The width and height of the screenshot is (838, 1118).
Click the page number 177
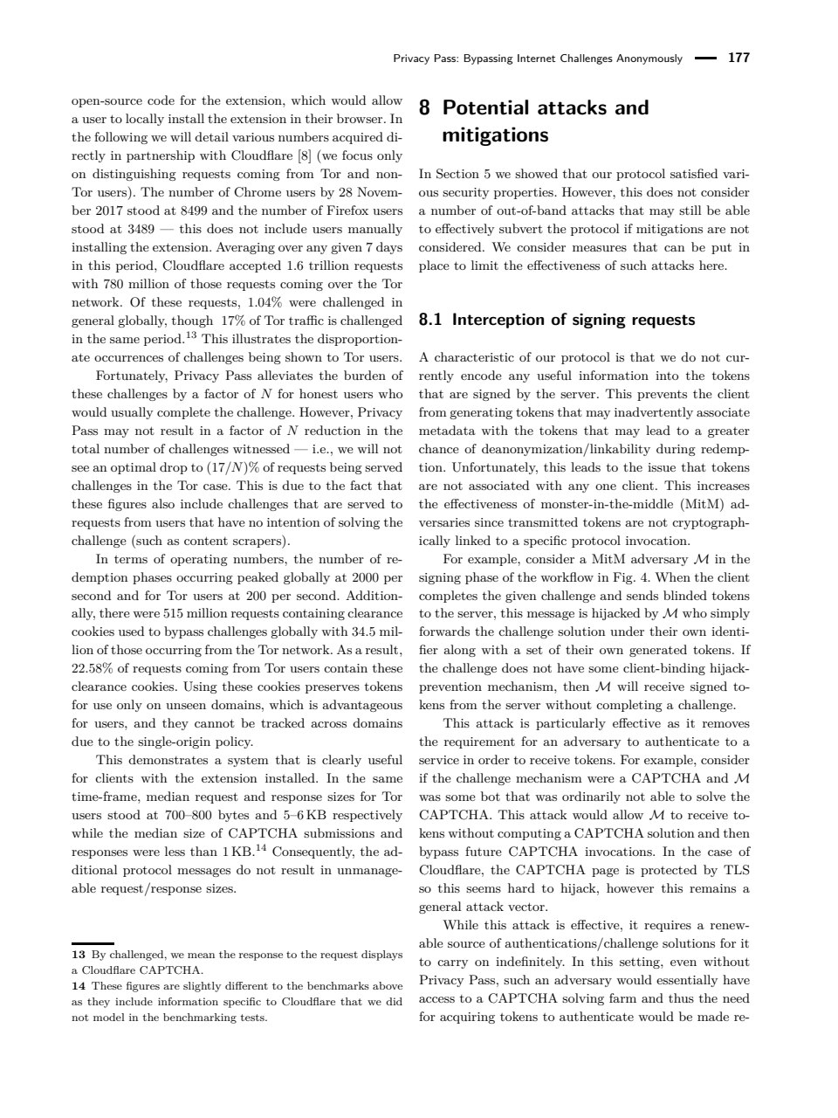point(738,59)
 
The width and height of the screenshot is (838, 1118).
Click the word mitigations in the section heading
point(495,135)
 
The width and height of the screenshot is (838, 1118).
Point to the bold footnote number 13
point(77,956)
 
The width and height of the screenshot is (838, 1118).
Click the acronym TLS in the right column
point(737,870)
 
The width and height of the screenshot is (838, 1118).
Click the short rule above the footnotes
point(92,943)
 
